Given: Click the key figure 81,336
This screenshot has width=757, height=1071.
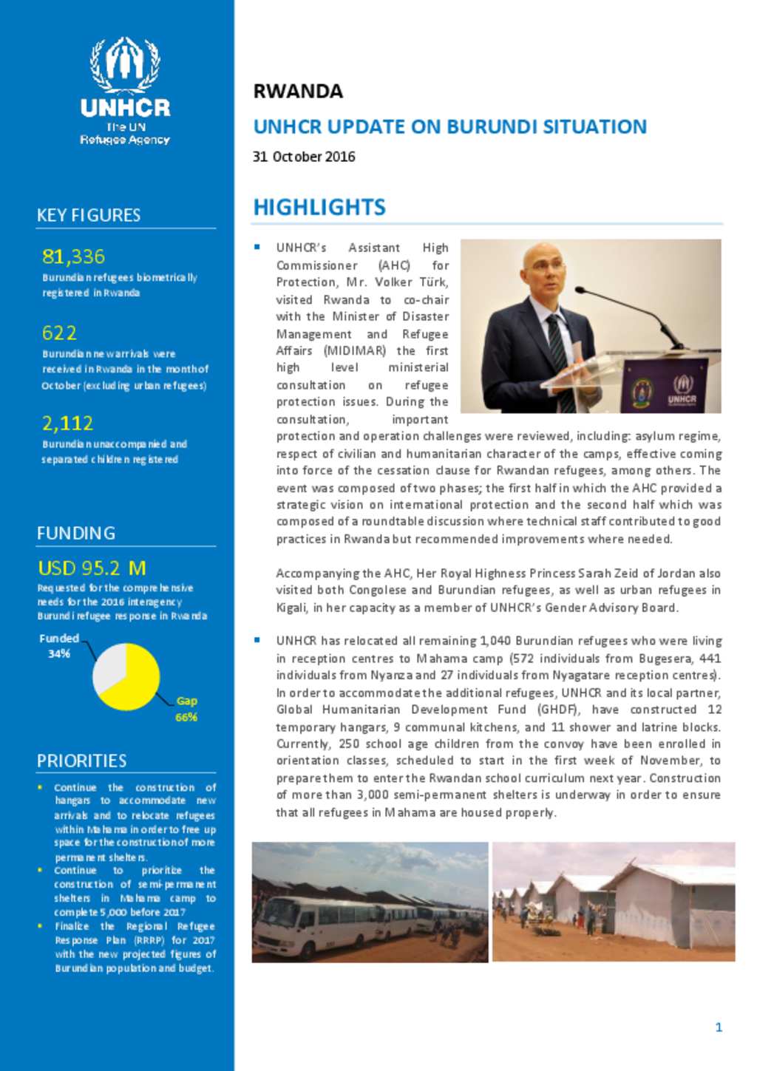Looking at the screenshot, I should click(x=73, y=256).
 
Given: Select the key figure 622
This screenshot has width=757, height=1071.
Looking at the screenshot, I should click(x=59, y=333).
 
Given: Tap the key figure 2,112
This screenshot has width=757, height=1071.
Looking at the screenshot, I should click(x=67, y=423).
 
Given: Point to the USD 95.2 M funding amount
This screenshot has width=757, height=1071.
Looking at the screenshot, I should click(x=92, y=568).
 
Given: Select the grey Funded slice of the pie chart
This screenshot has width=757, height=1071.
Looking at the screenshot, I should click(x=108, y=664).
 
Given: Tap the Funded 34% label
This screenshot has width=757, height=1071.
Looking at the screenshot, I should click(x=58, y=645).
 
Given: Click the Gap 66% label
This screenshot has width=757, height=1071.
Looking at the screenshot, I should click(x=186, y=708).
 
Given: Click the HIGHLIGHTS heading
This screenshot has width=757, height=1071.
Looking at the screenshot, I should click(x=319, y=207).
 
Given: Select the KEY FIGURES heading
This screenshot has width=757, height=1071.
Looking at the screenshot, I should click(x=89, y=215).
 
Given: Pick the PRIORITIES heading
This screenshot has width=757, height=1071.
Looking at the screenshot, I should click(x=81, y=761).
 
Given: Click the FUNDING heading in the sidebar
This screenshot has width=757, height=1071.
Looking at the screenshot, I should click(x=76, y=533).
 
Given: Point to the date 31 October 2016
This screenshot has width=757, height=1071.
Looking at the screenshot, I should click(x=304, y=157).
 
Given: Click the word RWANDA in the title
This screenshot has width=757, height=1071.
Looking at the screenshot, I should click(x=298, y=92).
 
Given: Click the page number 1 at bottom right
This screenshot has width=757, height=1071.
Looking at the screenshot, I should click(x=719, y=1027).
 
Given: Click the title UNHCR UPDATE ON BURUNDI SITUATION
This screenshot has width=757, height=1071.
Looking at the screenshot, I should click(x=449, y=126).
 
